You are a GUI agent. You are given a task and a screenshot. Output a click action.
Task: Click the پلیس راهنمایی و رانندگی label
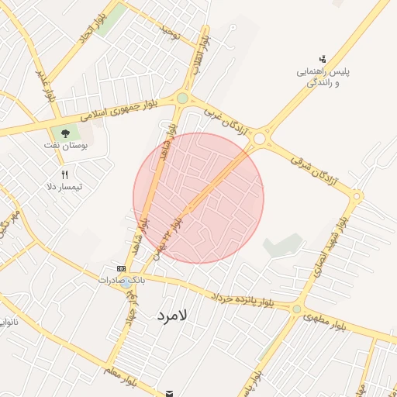point(325,77)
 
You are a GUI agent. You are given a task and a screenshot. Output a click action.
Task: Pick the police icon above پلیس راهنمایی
point(322,58)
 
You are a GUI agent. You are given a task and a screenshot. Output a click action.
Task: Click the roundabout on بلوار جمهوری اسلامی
point(182,98)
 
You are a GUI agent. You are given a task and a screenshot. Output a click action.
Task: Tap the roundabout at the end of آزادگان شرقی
point(357,196)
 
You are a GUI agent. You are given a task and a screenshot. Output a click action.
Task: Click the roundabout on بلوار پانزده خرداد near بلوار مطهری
point(296,309)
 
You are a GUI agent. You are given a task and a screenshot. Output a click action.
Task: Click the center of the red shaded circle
point(198,198)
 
